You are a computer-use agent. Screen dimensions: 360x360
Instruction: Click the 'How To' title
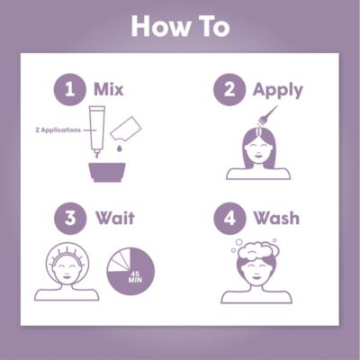coord(180,25)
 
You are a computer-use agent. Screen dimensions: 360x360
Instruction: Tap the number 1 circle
coord(66,89)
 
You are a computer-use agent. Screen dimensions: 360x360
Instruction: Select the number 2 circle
coord(228,89)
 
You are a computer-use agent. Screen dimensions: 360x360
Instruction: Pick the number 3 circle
coord(66,219)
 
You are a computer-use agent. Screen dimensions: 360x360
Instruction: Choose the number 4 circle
coord(228,219)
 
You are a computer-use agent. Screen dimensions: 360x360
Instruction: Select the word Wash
coord(275,219)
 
